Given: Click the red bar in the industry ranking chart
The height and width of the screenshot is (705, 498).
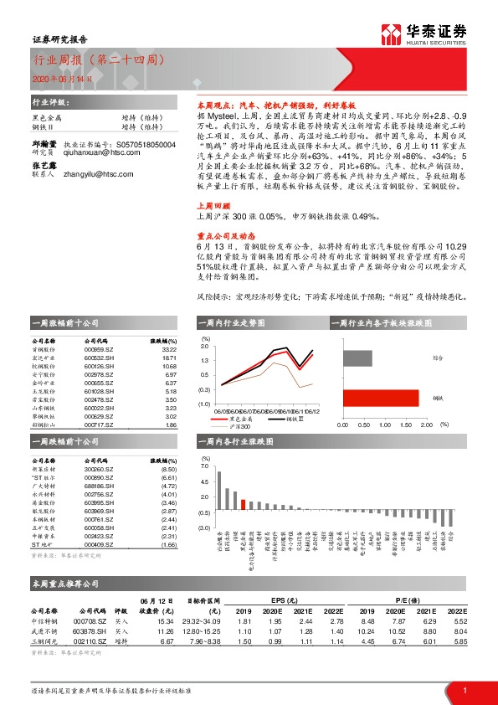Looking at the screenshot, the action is (x=243, y=504).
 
